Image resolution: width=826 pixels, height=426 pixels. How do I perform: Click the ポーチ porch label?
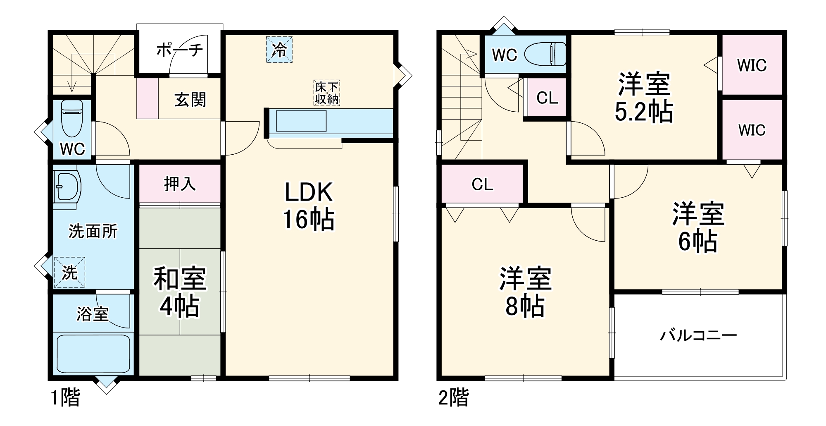pyautogui.click(x=179, y=50)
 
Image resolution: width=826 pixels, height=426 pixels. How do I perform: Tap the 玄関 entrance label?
pyautogui.click(x=190, y=100)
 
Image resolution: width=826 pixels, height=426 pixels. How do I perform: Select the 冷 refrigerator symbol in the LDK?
pyautogui.click(x=279, y=50)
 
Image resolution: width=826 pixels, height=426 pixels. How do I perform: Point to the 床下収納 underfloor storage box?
pyautogui.click(x=326, y=93)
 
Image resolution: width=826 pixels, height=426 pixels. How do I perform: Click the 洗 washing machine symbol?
pyautogui.click(x=69, y=272)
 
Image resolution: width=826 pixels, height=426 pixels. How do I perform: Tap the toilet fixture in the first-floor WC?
pyautogui.click(x=72, y=118)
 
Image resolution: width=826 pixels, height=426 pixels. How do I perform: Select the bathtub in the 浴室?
pyautogui.click(x=93, y=354)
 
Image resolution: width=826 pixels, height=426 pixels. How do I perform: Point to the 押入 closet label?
pyautogui.click(x=179, y=184)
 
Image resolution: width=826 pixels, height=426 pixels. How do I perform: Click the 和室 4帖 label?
pyautogui.click(x=179, y=292)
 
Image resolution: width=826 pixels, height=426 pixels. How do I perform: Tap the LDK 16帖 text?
pyautogui.click(x=309, y=206)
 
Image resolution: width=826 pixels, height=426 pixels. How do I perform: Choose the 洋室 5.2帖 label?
pyautogui.click(x=644, y=98)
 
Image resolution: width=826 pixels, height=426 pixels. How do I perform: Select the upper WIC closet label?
pyautogui.click(x=752, y=65)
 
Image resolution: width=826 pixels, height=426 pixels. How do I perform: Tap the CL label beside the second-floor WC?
pyautogui.click(x=547, y=98)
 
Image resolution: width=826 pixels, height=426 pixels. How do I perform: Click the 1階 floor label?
pyautogui.click(x=65, y=398)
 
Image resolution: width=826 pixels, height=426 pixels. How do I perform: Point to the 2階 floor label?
pyautogui.click(x=453, y=398)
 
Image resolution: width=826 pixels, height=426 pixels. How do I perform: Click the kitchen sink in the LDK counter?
pyautogui.click(x=301, y=121)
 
